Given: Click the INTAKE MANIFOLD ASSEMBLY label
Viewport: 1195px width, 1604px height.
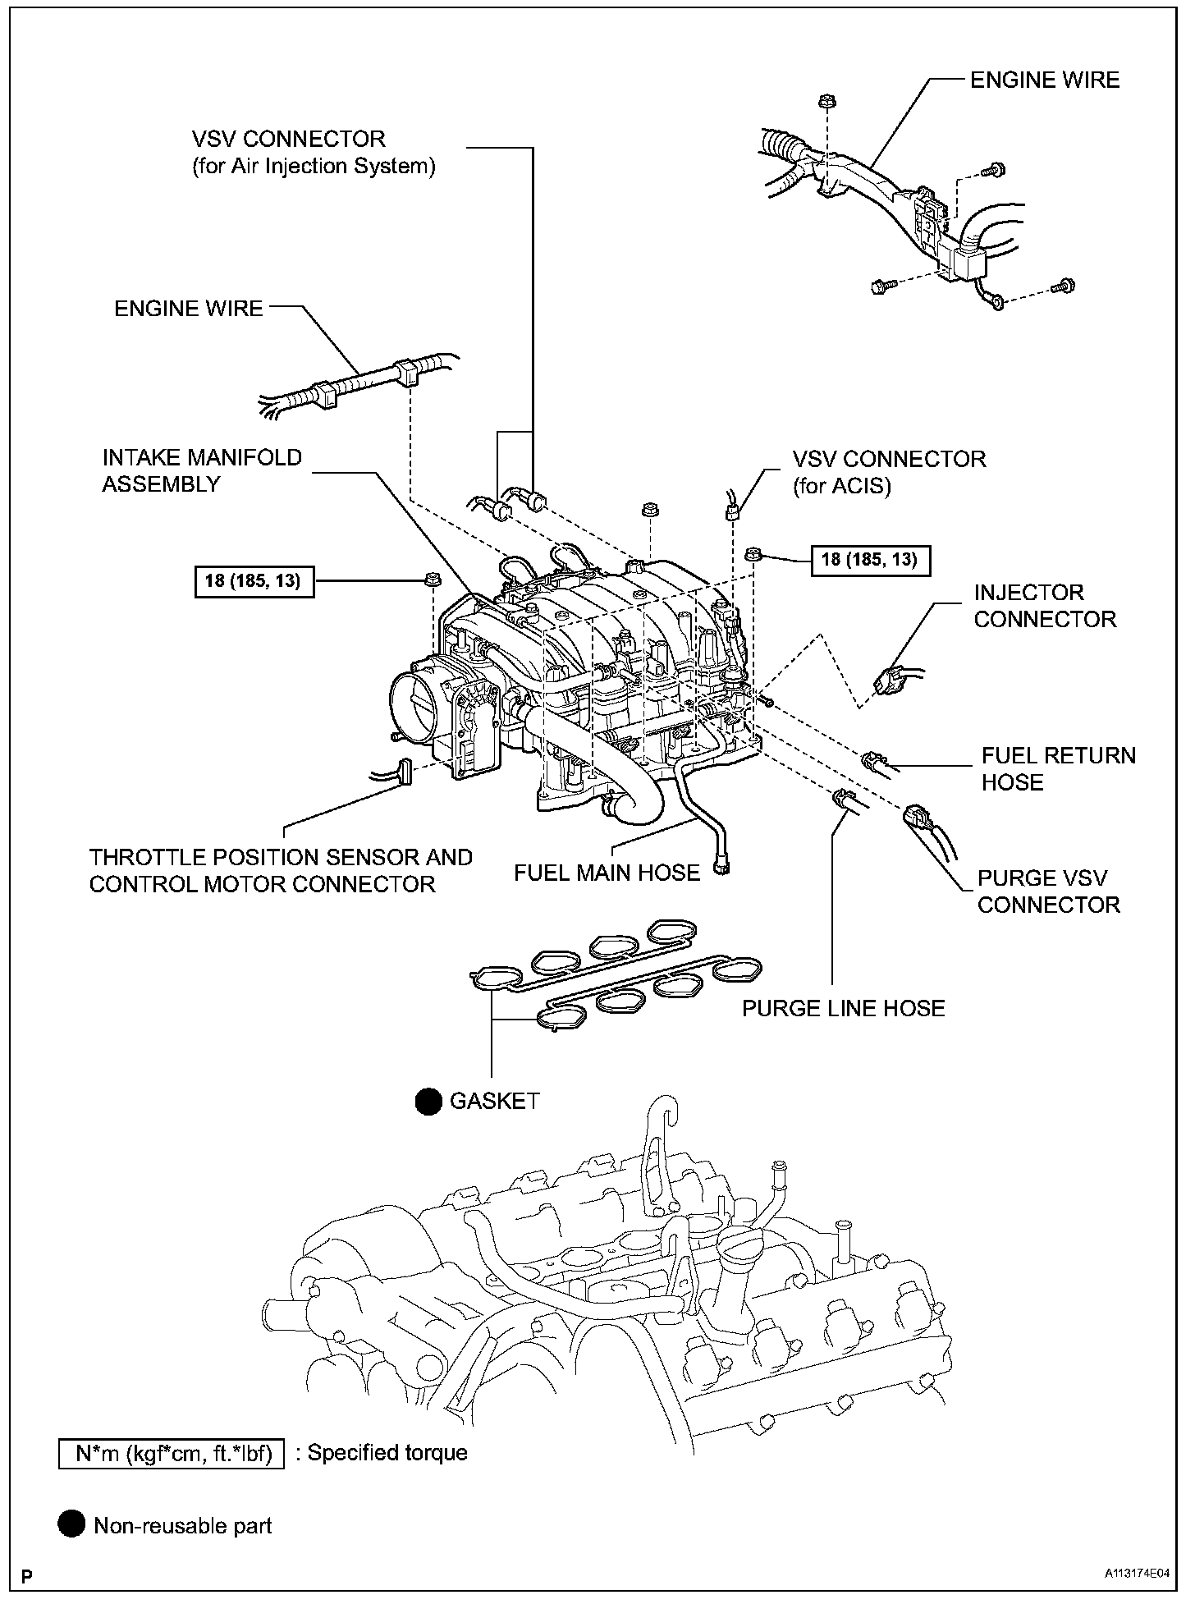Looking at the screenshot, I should click(x=202, y=470).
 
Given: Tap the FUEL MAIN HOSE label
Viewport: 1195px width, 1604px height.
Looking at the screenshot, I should click(x=607, y=873).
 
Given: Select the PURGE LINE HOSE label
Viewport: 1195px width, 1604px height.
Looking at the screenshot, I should click(x=843, y=1008).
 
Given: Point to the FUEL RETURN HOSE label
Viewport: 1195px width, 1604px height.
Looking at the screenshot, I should click(x=1058, y=768).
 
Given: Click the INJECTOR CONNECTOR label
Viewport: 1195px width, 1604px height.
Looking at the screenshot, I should click(x=1044, y=606).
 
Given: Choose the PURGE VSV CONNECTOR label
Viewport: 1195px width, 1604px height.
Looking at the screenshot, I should click(x=1048, y=891).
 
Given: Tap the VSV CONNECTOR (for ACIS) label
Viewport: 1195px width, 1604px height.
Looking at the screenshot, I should click(x=889, y=471).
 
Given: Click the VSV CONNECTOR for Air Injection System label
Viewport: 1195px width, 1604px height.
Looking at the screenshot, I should click(x=313, y=152).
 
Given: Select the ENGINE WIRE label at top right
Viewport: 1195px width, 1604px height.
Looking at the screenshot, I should click(x=1044, y=80).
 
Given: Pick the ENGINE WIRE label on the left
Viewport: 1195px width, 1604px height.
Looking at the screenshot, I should click(x=189, y=309).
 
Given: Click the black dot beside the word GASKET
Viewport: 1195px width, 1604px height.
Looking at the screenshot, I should click(x=428, y=1102).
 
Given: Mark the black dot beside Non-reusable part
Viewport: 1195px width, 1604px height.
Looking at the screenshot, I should click(x=71, y=1525).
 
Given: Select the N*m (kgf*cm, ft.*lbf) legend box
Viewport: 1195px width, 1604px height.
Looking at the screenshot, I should click(x=172, y=1453).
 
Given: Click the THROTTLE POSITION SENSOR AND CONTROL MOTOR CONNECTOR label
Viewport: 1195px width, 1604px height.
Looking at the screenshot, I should click(x=281, y=870).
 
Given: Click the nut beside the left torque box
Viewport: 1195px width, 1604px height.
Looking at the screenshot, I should click(x=431, y=580).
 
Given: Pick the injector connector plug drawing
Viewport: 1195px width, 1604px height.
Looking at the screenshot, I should click(x=889, y=679).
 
